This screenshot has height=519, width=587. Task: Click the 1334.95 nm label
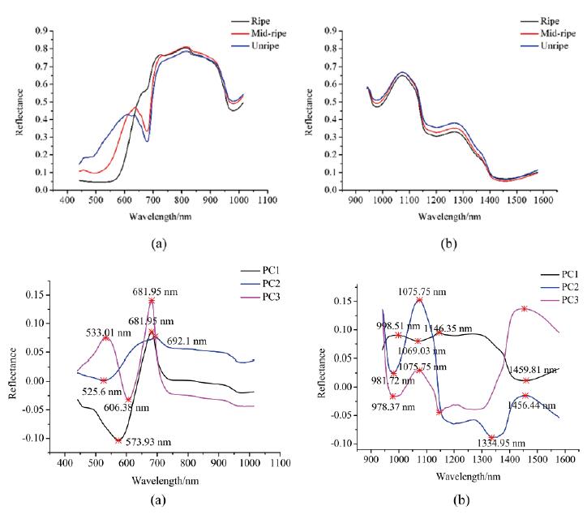coord(496,444)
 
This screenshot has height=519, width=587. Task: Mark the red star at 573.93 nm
coord(118,440)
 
